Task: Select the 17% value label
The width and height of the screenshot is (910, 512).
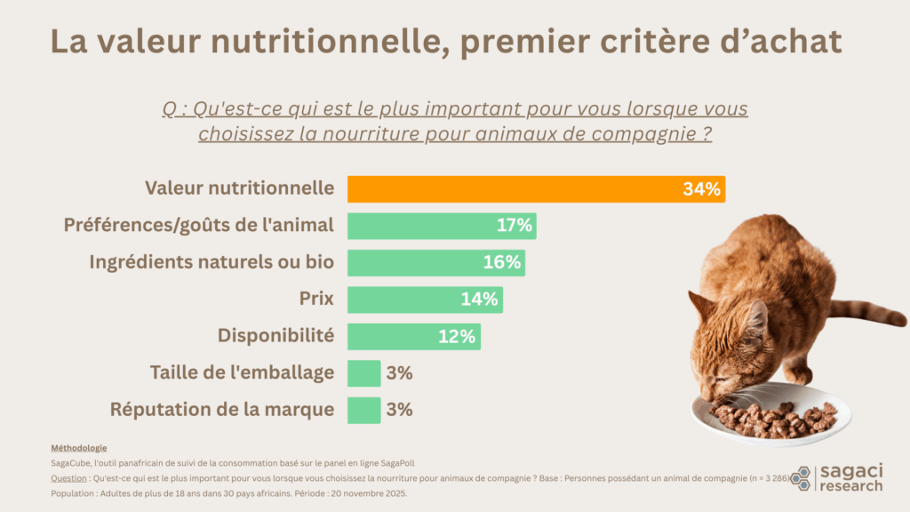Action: (x=514, y=226)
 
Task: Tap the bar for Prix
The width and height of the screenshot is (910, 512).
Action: (x=409, y=300)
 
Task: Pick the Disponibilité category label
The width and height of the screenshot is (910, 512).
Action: (x=275, y=336)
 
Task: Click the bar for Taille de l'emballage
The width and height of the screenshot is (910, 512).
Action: (x=363, y=373)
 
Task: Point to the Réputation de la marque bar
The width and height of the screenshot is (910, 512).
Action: (x=363, y=410)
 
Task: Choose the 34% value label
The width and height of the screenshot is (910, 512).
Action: (x=701, y=189)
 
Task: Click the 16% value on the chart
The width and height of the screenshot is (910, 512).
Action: (x=502, y=263)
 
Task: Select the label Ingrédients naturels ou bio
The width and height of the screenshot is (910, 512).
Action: (x=212, y=263)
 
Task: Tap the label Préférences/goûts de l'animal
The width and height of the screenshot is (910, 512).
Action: (x=199, y=226)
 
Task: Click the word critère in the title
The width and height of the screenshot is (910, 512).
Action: (x=662, y=42)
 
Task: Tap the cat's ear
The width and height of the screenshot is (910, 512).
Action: (x=757, y=316)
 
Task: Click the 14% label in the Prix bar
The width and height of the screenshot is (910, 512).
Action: (x=480, y=300)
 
